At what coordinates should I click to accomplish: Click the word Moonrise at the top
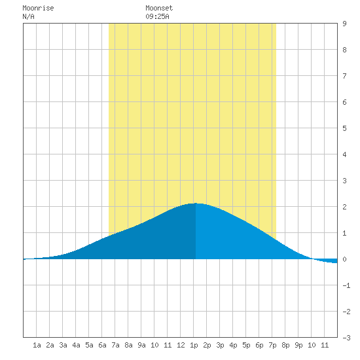pyautogui.click(x=38, y=9)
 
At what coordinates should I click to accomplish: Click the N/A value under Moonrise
pyautogui.click(x=28, y=17)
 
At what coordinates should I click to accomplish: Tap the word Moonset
pyautogui.click(x=159, y=9)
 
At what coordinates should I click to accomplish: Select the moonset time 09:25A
pyautogui.click(x=157, y=17)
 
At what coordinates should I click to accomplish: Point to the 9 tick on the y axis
pyautogui.click(x=344, y=24)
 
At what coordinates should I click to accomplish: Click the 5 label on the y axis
pyautogui.click(x=344, y=128)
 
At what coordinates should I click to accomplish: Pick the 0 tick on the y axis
pyautogui.click(x=344, y=259)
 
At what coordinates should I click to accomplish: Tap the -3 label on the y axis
pyautogui.click(x=346, y=338)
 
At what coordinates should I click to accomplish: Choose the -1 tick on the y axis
pyautogui.click(x=346, y=285)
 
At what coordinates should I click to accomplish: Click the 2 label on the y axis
pyautogui.click(x=344, y=207)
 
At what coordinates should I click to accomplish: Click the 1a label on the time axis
pyautogui.click(x=37, y=345)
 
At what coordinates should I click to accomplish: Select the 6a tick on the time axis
pyautogui.click(x=102, y=345)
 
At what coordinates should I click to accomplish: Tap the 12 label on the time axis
pyautogui.click(x=181, y=345)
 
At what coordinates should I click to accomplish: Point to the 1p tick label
pyautogui.click(x=194, y=345)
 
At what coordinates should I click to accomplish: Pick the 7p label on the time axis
pyautogui.click(x=272, y=345)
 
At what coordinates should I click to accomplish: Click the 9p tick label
pyautogui.click(x=298, y=345)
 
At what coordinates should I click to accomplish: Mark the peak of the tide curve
pyautogui.click(x=196, y=203)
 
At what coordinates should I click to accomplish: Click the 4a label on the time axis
pyautogui.click(x=76, y=345)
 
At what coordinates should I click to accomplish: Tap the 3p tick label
pyautogui.click(x=220, y=345)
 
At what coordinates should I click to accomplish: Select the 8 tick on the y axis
pyautogui.click(x=344, y=50)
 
